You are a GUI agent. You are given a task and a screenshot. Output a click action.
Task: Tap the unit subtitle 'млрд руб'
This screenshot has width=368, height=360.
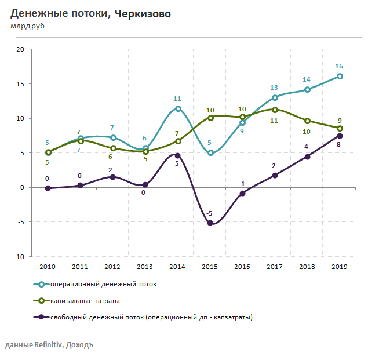[x=27, y=26]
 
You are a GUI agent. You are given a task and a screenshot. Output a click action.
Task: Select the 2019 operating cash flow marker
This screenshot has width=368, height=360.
[x=340, y=76]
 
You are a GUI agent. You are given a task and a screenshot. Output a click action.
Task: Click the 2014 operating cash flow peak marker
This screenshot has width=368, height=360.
[x=178, y=108]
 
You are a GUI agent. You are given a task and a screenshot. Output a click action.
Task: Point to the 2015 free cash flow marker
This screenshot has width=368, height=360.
[x=210, y=223]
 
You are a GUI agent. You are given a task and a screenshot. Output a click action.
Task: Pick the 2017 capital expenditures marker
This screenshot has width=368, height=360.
[x=275, y=109]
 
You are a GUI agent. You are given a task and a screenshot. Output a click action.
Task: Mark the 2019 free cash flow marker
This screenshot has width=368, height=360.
[x=340, y=136]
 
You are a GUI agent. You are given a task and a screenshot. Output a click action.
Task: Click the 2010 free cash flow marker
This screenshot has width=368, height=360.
[x=48, y=188]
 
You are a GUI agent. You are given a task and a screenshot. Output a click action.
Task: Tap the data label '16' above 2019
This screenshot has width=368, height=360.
[x=340, y=66]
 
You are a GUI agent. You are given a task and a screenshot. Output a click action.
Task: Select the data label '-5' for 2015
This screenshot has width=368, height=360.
[x=211, y=213]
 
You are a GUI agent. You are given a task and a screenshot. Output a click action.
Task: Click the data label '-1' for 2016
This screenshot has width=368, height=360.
[x=242, y=184]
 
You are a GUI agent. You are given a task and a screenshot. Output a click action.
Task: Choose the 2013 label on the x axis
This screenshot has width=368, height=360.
[x=145, y=266]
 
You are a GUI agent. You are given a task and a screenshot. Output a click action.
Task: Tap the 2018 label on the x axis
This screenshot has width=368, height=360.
[x=307, y=266]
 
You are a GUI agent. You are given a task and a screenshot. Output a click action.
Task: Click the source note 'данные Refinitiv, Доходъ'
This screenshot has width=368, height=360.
[x=49, y=345]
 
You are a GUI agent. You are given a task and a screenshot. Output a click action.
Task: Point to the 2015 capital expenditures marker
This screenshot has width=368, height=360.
[x=210, y=118]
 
